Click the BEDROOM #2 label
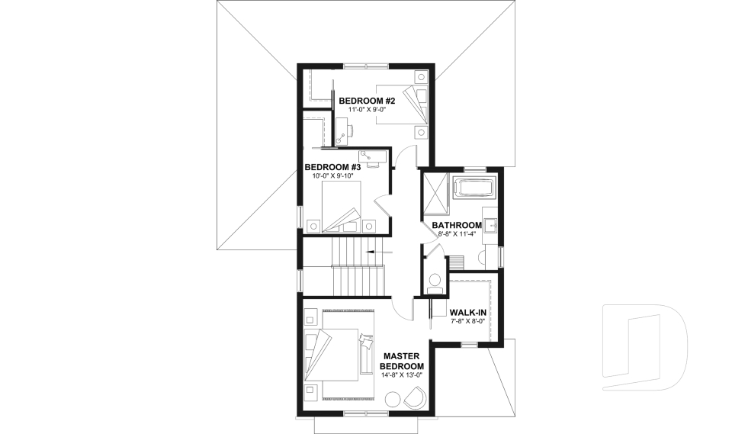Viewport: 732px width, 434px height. (367, 101)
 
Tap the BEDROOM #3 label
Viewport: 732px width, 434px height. (332, 167)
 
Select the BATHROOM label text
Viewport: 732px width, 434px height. (457, 225)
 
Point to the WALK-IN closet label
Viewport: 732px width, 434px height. (468, 313)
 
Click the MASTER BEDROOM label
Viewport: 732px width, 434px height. (403, 362)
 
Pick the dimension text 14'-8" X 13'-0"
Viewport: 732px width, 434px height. (403, 375)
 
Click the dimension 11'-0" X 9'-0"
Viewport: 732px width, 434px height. (367, 110)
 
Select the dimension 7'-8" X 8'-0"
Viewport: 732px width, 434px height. (468, 322)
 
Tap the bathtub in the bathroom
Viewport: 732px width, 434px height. (474, 188)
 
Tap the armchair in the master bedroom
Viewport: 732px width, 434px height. (416, 397)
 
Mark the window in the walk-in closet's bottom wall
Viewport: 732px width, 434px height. (469, 345)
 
